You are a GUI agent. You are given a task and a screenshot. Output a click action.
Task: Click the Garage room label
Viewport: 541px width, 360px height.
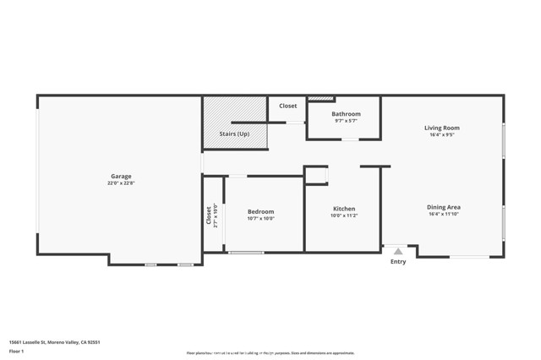click(x=120, y=177)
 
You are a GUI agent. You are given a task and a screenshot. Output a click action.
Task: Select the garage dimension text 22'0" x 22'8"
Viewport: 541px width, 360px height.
click(x=120, y=183)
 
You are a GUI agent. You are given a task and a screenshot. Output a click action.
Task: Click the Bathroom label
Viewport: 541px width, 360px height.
click(x=346, y=114)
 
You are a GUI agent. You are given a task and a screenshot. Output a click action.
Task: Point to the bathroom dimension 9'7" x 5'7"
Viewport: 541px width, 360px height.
click(x=346, y=121)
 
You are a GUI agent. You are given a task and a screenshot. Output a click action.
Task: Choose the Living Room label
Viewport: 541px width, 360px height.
click(x=441, y=128)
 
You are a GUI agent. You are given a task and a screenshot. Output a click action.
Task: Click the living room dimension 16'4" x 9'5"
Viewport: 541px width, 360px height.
click(x=441, y=134)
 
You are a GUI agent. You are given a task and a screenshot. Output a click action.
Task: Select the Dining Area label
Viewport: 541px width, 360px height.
click(x=443, y=207)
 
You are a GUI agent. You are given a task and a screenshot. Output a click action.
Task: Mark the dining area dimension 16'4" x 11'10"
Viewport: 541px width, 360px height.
click(x=443, y=215)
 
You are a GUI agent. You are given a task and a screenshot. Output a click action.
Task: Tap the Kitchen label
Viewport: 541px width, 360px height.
click(x=344, y=209)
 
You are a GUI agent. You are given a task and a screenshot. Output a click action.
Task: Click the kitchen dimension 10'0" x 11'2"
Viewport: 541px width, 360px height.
click(x=344, y=215)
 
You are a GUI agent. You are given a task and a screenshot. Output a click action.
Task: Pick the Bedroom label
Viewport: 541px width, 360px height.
click(x=260, y=211)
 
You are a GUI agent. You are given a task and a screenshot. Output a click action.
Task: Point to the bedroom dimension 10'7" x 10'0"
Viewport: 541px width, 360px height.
click(x=260, y=218)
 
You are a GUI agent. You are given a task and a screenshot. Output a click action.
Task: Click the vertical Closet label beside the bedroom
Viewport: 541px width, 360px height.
click(x=209, y=215)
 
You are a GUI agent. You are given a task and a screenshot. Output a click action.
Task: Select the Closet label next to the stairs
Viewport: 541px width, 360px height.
click(x=288, y=106)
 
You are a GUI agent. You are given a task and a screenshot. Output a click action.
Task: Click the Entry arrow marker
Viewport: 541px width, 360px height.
click(x=397, y=251)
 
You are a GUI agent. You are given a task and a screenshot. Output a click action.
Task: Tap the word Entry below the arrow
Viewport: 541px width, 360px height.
click(x=397, y=262)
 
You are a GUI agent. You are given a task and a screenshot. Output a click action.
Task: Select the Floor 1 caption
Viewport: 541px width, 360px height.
click(x=16, y=350)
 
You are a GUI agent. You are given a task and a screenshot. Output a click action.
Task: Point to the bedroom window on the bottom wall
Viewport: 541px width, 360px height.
click(x=245, y=252)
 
